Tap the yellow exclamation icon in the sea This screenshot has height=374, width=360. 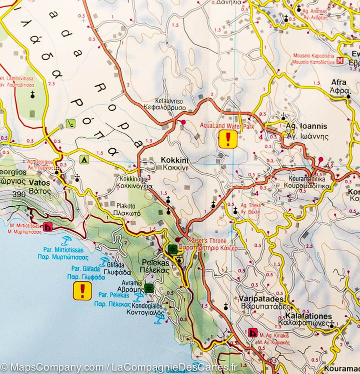click(82, 291)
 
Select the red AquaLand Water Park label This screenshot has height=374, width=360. click(227, 127)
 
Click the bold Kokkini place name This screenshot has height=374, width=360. click(174, 160)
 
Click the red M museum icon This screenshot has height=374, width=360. click(340, 61)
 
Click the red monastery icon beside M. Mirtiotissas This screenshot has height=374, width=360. click(48, 227)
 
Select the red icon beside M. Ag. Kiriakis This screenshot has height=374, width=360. click(253, 332)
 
